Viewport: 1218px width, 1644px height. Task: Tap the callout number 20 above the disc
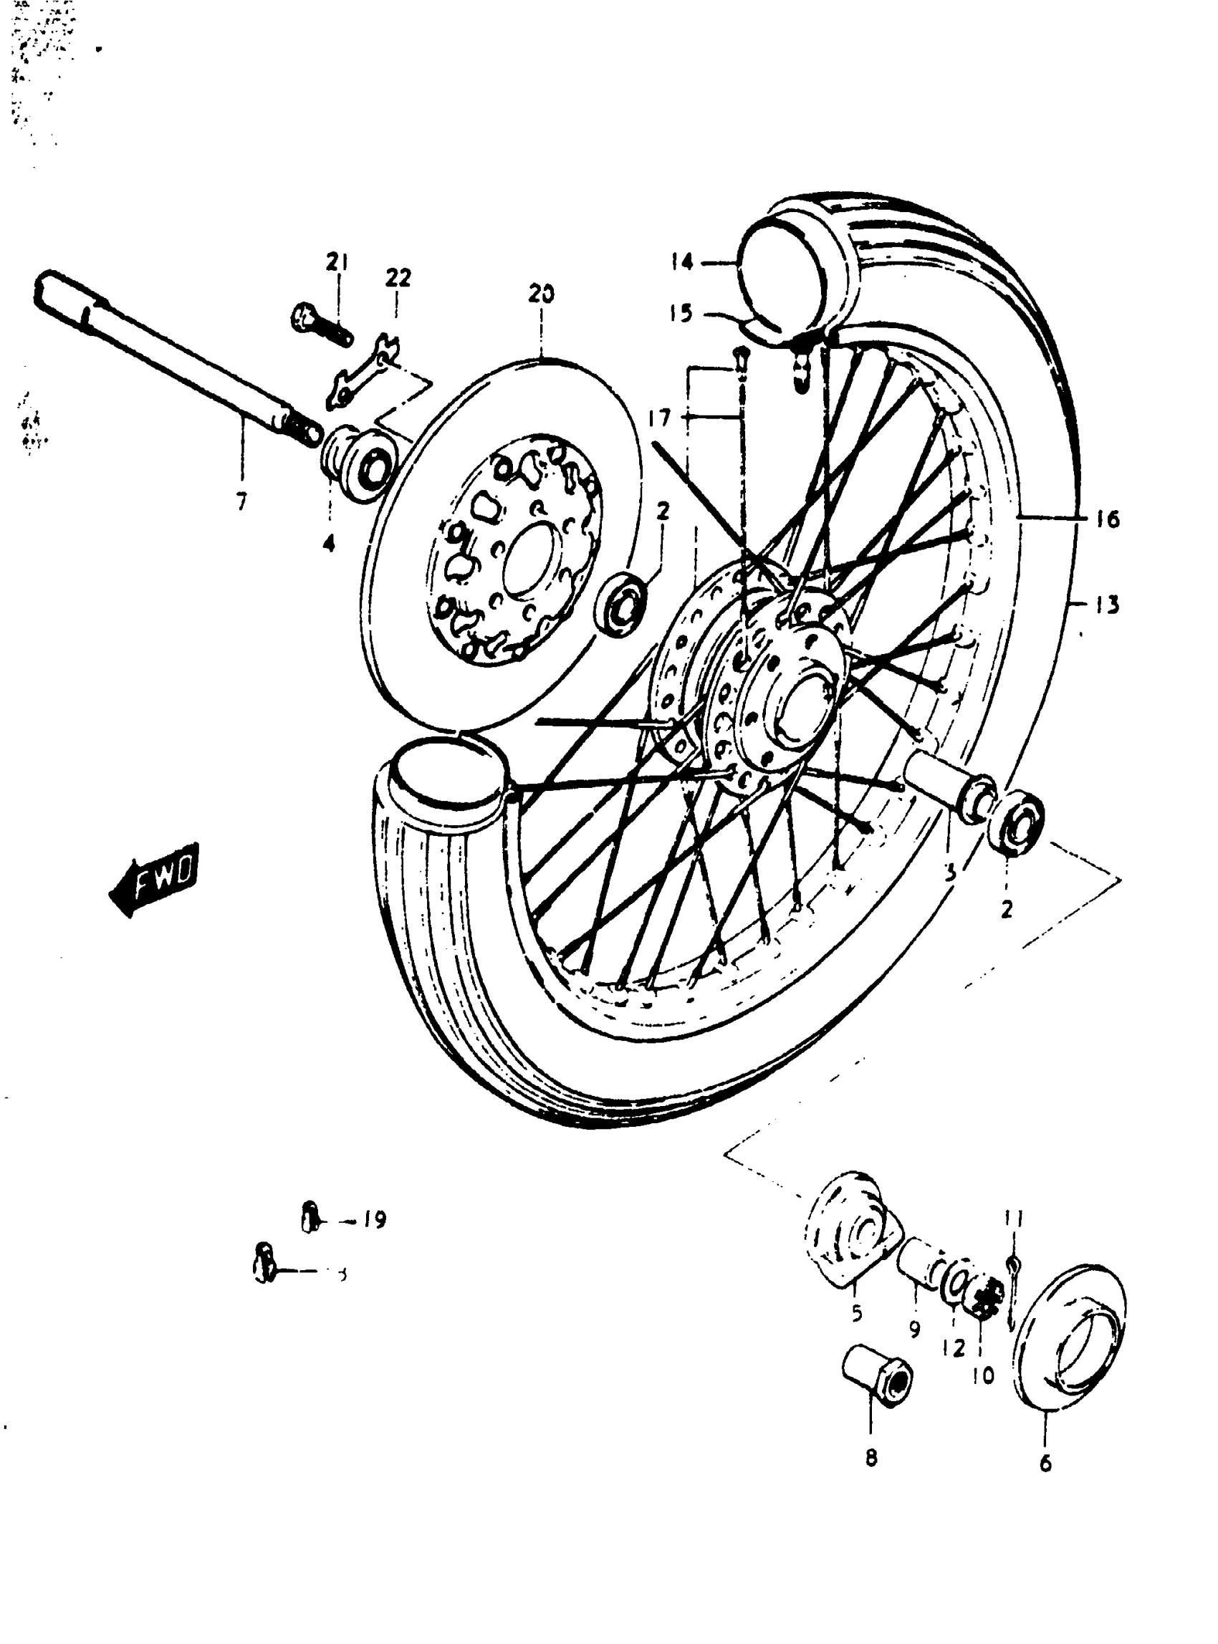[x=542, y=295]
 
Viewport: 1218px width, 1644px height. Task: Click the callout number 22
[x=398, y=279]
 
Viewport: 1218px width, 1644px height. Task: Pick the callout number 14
[x=682, y=262]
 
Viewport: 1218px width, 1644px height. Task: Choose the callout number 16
[x=1107, y=519]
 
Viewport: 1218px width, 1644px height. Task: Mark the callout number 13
[x=1107, y=605]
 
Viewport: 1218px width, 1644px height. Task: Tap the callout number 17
[x=660, y=419]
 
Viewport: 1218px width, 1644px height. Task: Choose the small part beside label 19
[x=311, y=1218]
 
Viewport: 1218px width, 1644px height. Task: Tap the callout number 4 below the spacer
[x=329, y=544]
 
